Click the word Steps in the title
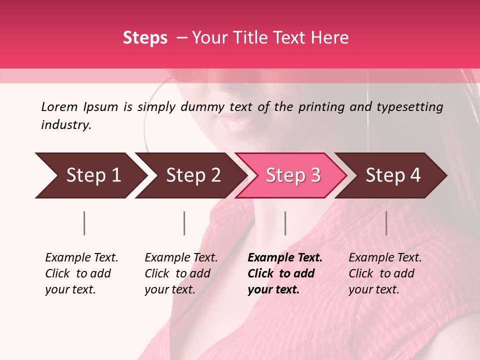(x=145, y=38)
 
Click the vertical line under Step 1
(x=84, y=223)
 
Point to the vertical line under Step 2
(x=184, y=223)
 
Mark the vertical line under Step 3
(x=285, y=223)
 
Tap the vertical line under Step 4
(x=386, y=223)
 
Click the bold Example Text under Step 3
(x=285, y=258)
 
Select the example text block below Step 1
(x=81, y=273)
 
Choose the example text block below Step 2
(x=180, y=273)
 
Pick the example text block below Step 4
(x=384, y=273)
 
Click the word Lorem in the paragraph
(x=59, y=106)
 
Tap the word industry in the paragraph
(x=66, y=125)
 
